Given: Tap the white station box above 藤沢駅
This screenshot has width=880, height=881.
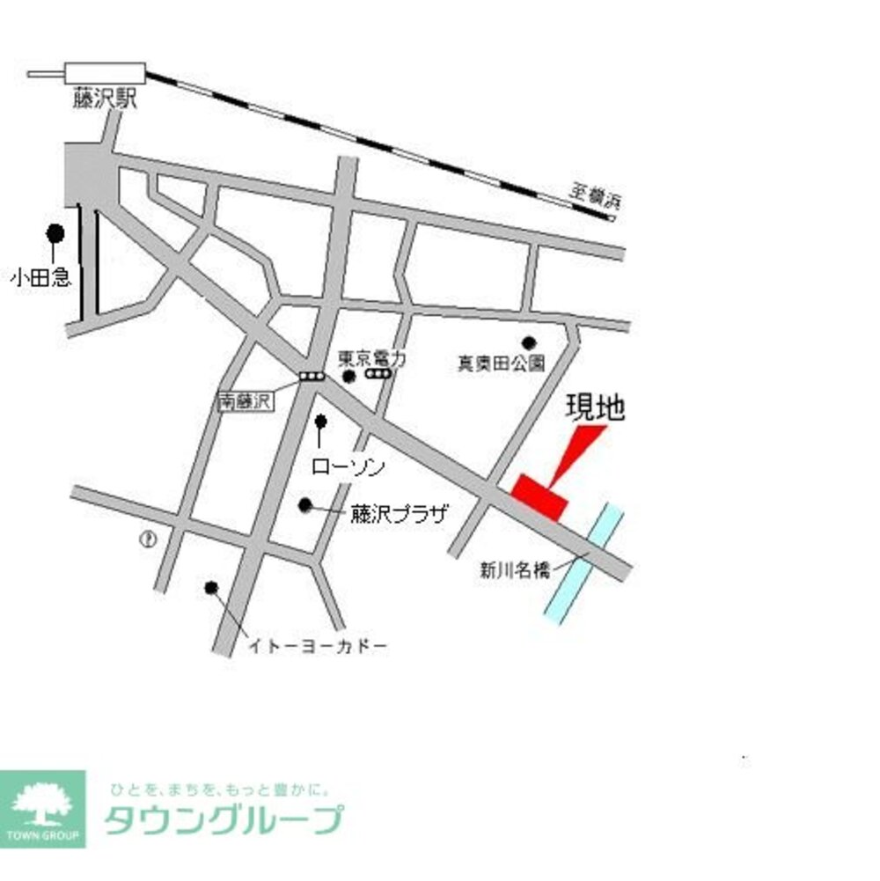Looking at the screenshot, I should (105, 74).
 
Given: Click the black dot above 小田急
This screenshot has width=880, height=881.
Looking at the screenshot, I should (55, 233).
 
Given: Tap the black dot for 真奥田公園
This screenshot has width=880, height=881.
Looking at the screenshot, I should (529, 342).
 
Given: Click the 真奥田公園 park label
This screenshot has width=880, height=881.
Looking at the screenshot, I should (501, 363).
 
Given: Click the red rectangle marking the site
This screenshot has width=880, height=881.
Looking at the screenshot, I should (540, 496).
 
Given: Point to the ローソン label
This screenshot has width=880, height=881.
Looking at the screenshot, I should (349, 466).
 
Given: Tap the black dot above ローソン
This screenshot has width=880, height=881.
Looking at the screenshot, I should (320, 421).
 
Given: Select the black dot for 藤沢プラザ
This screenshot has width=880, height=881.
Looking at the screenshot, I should (305, 504).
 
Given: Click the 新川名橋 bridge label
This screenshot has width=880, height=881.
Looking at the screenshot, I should (515, 569).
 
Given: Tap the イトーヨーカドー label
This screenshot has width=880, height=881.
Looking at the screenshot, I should (318, 647).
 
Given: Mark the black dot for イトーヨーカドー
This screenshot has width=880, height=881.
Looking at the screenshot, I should (210, 587).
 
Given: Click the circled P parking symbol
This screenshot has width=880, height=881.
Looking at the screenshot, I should (147, 540).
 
